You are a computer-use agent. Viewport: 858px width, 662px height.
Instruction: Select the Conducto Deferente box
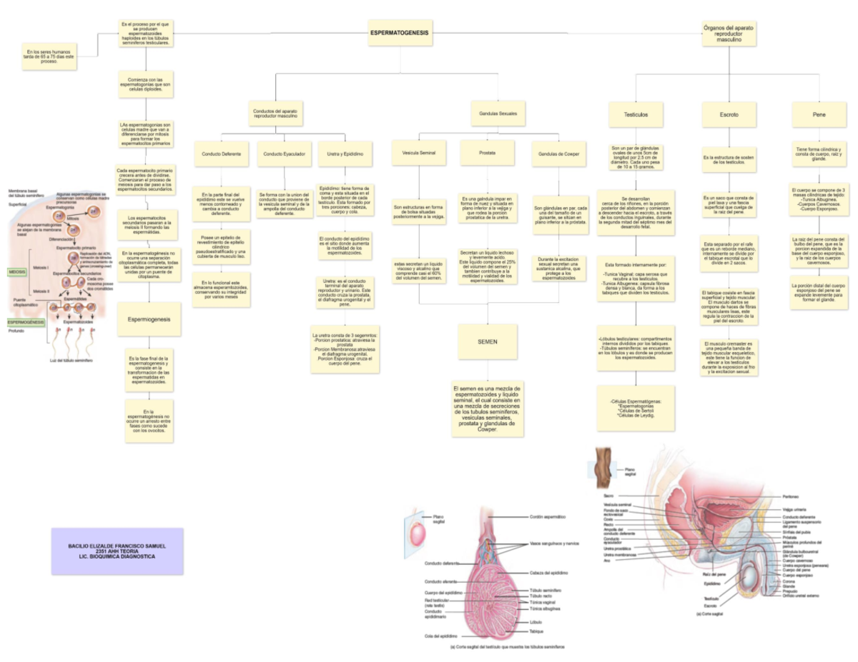click(221, 154)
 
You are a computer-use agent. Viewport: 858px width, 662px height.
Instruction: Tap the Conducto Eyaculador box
click(284, 154)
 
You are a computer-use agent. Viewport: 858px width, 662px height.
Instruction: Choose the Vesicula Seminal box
click(418, 154)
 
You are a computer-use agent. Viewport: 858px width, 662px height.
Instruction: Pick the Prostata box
click(487, 154)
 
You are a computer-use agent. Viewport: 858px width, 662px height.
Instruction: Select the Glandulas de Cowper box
click(558, 154)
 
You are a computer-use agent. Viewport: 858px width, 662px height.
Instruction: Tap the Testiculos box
click(636, 114)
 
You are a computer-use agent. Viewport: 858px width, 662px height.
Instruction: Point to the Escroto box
click(729, 114)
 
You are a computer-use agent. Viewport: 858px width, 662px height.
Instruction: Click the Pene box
click(819, 114)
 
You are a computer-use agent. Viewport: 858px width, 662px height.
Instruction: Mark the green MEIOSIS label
click(18, 272)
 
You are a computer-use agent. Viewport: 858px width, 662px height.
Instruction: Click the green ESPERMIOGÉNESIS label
click(27, 322)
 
